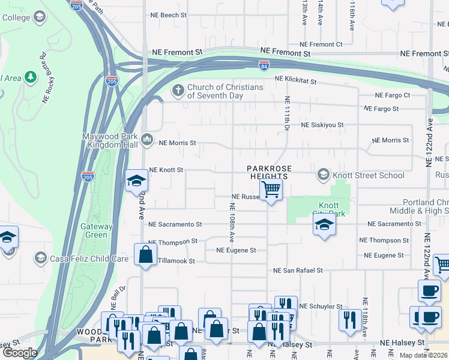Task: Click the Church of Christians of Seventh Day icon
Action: (x=178, y=91)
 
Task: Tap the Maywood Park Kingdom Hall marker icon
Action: (x=148, y=140)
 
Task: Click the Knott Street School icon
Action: (x=324, y=175)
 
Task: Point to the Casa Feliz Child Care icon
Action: (x=41, y=259)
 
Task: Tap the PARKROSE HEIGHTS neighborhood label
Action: (x=269, y=172)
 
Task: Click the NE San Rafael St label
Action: (x=298, y=271)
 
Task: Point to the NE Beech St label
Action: (x=169, y=14)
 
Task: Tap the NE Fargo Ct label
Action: (x=393, y=95)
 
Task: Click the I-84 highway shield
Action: (x=264, y=64)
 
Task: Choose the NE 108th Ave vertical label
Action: (x=232, y=221)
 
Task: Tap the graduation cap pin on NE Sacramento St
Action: (x=324, y=226)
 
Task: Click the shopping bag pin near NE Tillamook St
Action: (x=146, y=254)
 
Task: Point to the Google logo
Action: (x=20, y=353)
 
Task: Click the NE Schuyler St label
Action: (x=321, y=306)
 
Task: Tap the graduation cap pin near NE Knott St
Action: (x=136, y=181)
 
